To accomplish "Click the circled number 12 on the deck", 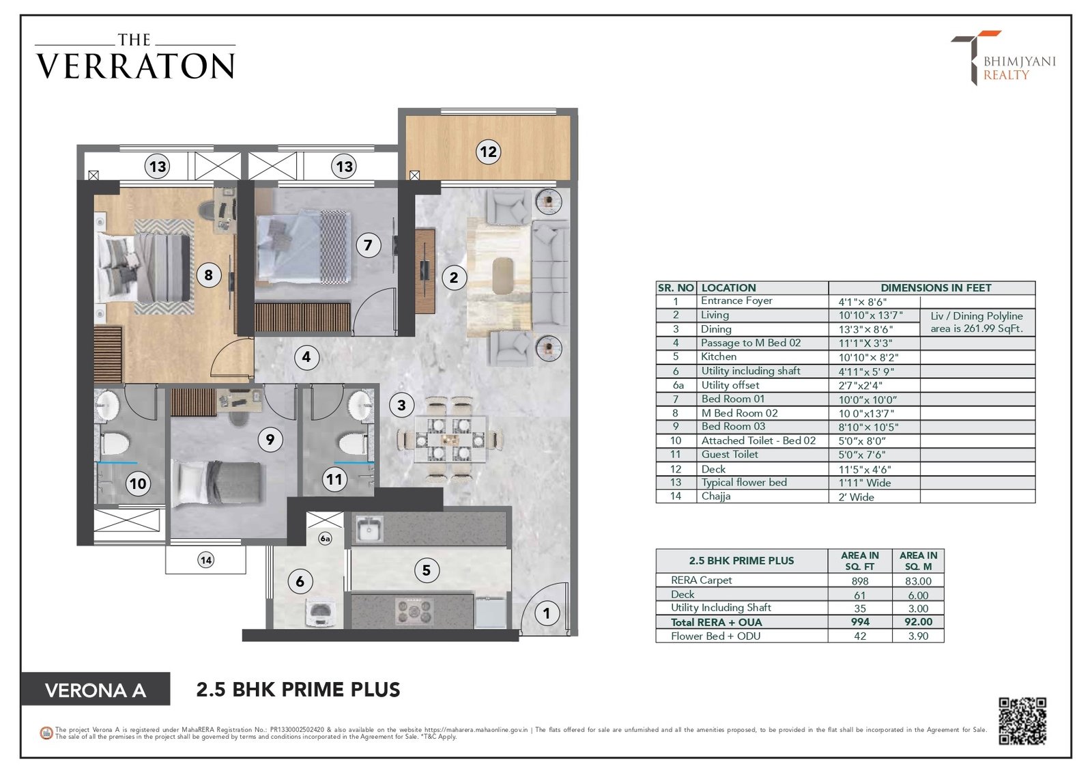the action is pos(488,152).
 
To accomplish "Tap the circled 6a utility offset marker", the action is pos(325,539).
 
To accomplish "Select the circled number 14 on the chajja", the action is pos(205,560).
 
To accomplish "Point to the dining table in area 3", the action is pos(450,438).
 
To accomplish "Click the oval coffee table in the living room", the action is pos(503,276).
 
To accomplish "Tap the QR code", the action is pos(1022,721).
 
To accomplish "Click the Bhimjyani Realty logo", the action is pos(1004,58).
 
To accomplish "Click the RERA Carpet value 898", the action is pos(860,581).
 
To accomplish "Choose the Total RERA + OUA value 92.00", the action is pos(918,622).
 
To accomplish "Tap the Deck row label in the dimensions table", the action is pos(713,469).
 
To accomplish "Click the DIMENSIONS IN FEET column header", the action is pos(936,288).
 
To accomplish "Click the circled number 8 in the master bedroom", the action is pos(209,275).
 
